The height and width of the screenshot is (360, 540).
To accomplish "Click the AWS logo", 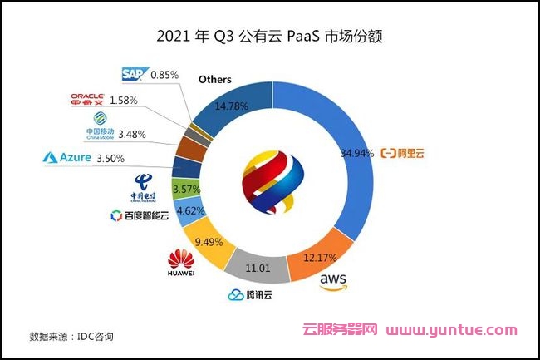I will [x=332, y=281].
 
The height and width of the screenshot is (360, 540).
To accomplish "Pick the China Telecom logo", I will [x=144, y=185].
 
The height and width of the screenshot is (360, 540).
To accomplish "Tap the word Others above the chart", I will [x=214, y=80].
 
